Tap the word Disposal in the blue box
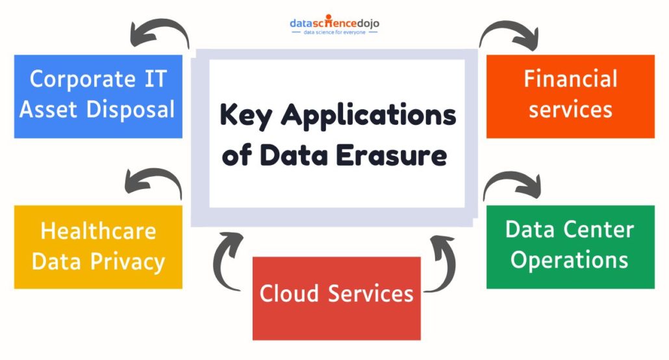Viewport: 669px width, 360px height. (131, 109)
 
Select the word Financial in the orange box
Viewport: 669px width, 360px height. (570, 79)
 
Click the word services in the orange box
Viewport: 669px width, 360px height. (570, 110)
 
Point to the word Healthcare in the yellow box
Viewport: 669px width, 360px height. (98, 231)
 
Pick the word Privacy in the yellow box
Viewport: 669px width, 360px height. (127, 262)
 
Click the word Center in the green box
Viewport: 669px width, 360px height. (599, 230)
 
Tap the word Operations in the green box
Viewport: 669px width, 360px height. (570, 261)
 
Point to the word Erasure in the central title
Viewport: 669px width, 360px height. (391, 155)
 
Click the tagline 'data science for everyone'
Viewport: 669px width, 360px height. (334, 32)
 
